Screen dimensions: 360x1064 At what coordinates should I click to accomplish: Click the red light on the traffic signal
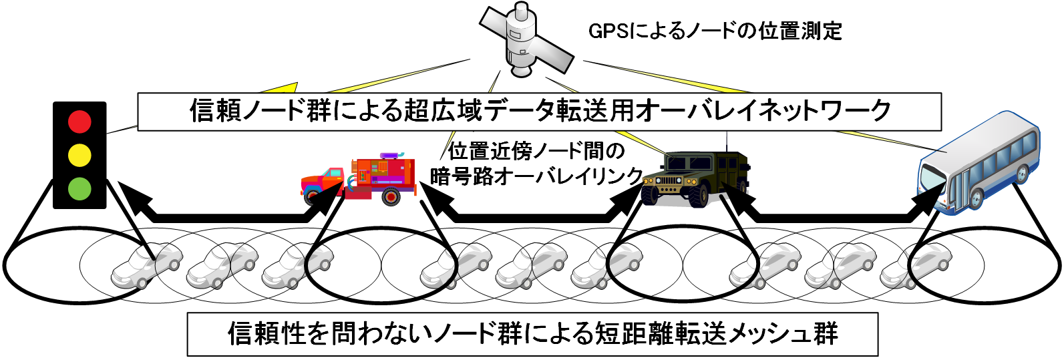79,122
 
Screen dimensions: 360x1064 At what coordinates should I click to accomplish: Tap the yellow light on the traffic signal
79,155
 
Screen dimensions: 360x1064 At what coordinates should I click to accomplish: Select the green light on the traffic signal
79,188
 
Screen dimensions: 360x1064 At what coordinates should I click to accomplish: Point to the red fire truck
361,179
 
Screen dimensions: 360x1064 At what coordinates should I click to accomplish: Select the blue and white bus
979,164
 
